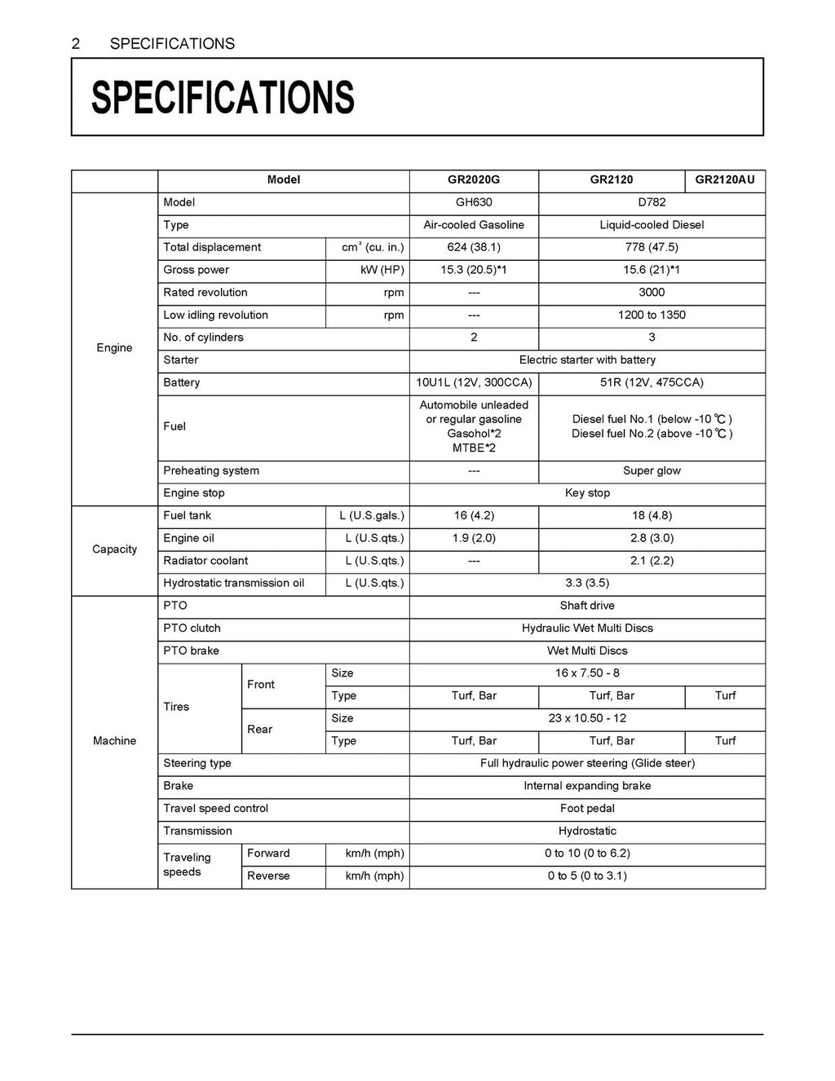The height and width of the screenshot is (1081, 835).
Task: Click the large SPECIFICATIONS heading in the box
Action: coord(223,98)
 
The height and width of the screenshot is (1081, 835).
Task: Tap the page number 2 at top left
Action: coord(76,44)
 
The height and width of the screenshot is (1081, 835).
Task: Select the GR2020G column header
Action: coord(473,180)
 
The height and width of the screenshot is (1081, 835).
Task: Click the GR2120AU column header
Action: coord(725,180)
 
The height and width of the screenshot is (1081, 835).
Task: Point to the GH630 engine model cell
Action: coord(473,203)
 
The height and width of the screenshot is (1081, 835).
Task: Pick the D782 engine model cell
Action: coord(652,203)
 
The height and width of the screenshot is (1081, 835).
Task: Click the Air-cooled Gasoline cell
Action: coord(473,225)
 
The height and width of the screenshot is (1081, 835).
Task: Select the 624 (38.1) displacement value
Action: coord(473,248)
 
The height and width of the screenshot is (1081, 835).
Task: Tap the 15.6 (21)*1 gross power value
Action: coord(652,270)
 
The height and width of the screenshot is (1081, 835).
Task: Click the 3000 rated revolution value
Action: coord(652,293)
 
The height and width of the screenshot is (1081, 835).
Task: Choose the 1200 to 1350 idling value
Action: coord(652,315)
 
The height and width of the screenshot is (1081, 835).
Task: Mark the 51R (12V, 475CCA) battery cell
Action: coord(652,383)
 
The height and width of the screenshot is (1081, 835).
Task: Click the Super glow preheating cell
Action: coord(652,471)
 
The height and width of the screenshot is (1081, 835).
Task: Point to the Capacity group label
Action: coord(114,549)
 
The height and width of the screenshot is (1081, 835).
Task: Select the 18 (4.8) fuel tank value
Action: coord(652,516)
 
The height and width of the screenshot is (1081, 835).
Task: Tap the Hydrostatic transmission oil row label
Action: coord(233,584)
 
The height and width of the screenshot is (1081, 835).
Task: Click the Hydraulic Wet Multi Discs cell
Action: coord(587,629)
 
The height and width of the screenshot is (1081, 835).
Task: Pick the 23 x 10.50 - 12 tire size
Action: coord(587,719)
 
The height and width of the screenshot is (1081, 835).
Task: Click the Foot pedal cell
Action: coord(587,809)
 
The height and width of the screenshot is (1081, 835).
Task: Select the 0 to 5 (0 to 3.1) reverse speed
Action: coord(587,876)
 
